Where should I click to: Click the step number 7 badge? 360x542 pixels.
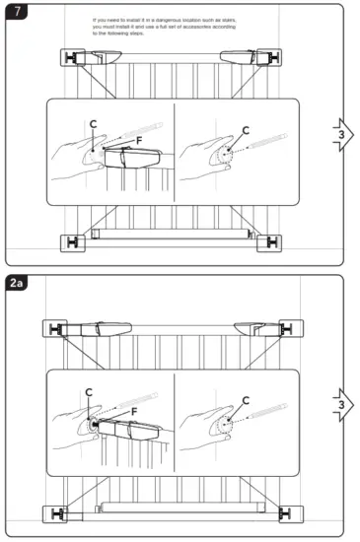pyautogui.click(x=16, y=12)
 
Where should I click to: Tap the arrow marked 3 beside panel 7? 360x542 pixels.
pyautogui.click(x=339, y=134)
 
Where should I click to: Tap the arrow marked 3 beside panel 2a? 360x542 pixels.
pyautogui.click(x=339, y=404)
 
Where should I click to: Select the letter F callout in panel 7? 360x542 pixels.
pyautogui.click(x=139, y=142)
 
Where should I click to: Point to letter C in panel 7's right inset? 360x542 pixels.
pyautogui.click(x=246, y=130)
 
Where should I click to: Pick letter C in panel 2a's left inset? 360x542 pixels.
pyautogui.click(x=90, y=392)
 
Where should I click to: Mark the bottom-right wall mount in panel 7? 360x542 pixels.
pyautogui.click(x=267, y=240)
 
